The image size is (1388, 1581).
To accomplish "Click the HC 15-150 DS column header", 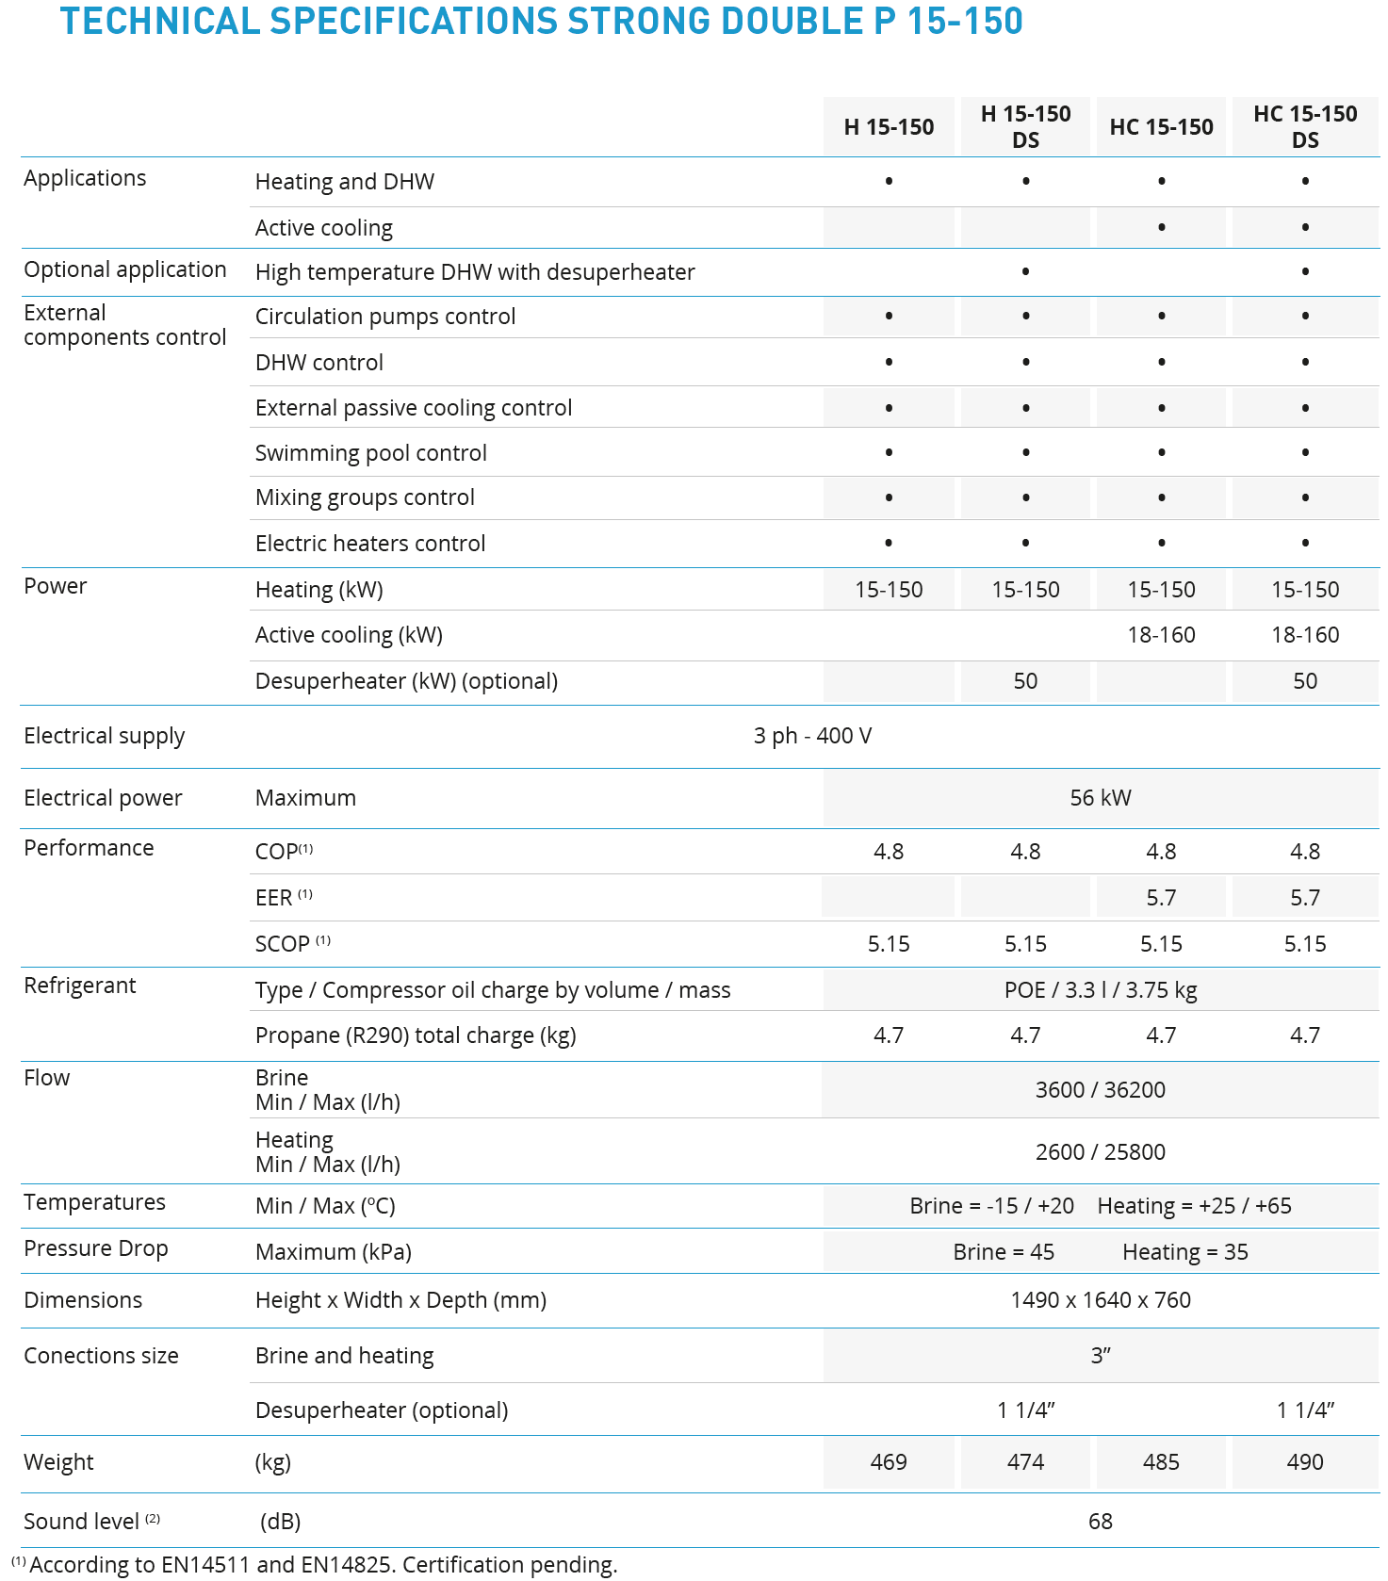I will click(1305, 126).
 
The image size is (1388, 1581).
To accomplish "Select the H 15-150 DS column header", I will click(1025, 126).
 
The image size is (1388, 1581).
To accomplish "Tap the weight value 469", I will click(889, 1461).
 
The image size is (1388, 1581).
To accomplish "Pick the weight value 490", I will click(1305, 1461).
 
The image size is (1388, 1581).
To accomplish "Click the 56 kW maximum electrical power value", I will click(1101, 798).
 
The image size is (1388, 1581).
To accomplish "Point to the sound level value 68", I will click(1101, 1521).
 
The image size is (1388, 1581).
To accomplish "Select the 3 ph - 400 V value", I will click(812, 736).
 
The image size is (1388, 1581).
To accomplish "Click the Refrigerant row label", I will click(80, 986).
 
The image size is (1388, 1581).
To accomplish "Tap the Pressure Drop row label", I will click(96, 1248).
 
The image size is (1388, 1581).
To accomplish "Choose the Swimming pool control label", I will click(371, 453).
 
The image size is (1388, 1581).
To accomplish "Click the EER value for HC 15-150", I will click(1161, 898).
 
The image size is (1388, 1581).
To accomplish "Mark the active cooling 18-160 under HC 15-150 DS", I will click(1305, 635).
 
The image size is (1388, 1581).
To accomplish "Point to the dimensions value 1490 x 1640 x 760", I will click(1101, 1300).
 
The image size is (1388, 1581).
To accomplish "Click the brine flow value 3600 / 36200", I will click(1101, 1090).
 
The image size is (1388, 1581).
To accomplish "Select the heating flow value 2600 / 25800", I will click(1101, 1152).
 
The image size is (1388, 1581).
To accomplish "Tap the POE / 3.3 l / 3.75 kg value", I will click(1101, 990).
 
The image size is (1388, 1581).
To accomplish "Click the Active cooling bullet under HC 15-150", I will click(1162, 227).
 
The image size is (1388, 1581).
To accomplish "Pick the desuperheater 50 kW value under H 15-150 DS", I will click(1025, 681).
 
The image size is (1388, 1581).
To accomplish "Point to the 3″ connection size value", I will click(1101, 1356).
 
